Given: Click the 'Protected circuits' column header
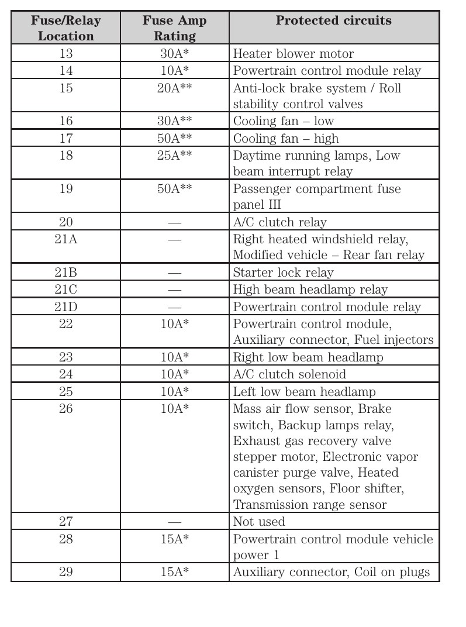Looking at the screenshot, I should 333,21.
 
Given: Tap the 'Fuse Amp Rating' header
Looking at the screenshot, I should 174,28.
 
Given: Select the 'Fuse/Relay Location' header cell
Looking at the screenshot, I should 65,28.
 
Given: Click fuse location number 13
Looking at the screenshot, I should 66,54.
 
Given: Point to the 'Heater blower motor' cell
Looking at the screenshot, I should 293,54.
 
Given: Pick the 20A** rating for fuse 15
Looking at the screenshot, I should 174,88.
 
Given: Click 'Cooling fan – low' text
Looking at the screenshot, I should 283,121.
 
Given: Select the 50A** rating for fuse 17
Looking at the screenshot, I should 174,139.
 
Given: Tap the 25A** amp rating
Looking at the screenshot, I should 174,156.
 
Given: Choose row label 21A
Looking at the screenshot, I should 66,239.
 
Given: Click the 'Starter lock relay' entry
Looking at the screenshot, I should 283,273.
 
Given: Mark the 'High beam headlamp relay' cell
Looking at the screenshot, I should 310,290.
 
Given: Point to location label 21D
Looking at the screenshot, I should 66,307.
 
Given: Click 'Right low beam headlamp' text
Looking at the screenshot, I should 308,357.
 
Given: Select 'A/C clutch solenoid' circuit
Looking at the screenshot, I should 289,374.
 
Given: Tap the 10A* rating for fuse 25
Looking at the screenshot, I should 174,392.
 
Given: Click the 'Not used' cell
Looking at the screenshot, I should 259,522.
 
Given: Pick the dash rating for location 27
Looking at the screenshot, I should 174,522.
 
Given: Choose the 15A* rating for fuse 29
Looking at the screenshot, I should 174,572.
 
